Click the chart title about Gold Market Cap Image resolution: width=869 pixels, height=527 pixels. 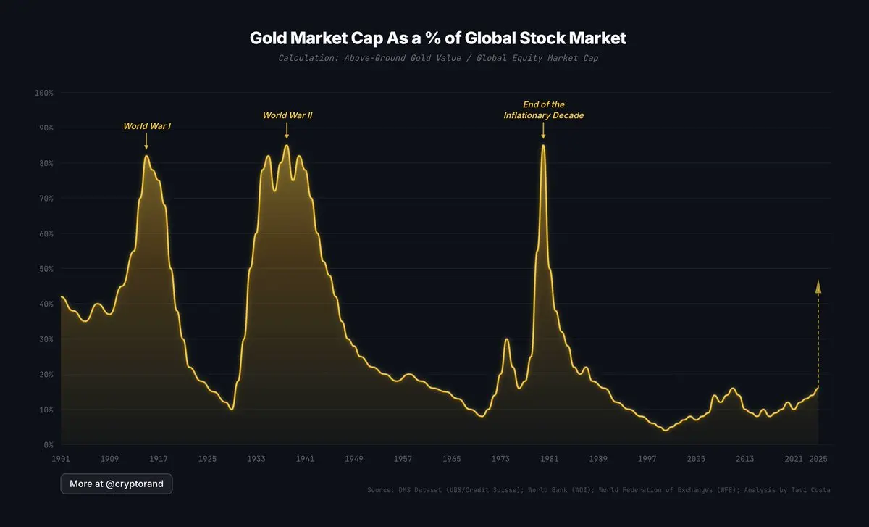(437, 38)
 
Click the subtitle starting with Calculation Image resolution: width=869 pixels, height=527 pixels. (437, 57)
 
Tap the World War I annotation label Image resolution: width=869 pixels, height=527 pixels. (147, 126)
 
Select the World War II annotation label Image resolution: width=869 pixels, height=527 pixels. (287, 115)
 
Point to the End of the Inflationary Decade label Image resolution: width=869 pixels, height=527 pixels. (543, 110)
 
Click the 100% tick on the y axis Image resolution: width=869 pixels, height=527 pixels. (44, 93)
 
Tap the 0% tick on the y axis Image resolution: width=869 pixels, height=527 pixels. (47, 444)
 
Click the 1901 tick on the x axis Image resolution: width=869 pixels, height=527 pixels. (61, 459)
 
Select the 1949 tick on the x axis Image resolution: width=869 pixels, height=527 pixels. (353, 459)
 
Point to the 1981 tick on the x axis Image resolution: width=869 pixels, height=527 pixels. (549, 459)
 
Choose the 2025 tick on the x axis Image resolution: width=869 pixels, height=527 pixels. (818, 459)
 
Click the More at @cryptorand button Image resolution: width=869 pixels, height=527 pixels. (117, 484)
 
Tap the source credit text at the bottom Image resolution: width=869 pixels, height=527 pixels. (598, 491)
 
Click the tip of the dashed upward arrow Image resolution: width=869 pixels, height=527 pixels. (818, 281)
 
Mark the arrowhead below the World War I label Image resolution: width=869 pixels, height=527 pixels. (146, 146)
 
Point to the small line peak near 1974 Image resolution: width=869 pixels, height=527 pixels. (507, 339)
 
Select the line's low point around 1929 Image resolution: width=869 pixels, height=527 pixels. (232, 409)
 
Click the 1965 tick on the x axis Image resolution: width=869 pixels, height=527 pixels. (451, 459)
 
